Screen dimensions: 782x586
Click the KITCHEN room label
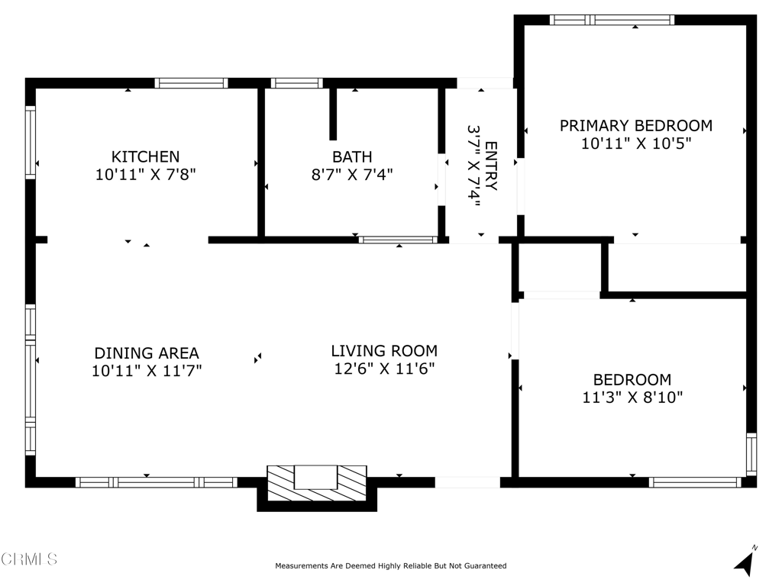pyautogui.click(x=145, y=156)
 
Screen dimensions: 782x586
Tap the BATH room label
pyautogui.click(x=352, y=156)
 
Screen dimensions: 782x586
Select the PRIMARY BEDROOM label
pyautogui.click(x=636, y=126)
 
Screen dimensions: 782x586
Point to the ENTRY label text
pyautogui.click(x=491, y=166)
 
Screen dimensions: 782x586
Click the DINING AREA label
pyautogui.click(x=147, y=353)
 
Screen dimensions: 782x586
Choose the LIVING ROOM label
pyautogui.click(x=384, y=351)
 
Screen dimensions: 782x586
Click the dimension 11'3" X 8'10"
pyautogui.click(x=632, y=397)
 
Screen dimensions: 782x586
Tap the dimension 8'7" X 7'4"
pyautogui.click(x=352, y=175)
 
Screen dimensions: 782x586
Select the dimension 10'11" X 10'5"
pyautogui.click(x=636, y=143)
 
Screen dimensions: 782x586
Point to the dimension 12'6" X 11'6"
pyautogui.click(x=384, y=369)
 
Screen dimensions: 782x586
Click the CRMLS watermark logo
pyautogui.click(x=29, y=559)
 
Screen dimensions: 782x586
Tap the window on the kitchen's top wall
pyautogui.click(x=191, y=83)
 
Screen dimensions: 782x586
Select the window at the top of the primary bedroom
pyautogui.click(x=612, y=20)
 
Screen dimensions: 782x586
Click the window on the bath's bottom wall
pyautogui.click(x=397, y=240)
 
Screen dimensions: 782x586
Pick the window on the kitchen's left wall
pyautogui.click(x=31, y=142)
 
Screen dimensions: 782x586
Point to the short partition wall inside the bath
pyautogui.click(x=333, y=114)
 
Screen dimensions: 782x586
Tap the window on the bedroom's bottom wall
pyautogui.click(x=695, y=482)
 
